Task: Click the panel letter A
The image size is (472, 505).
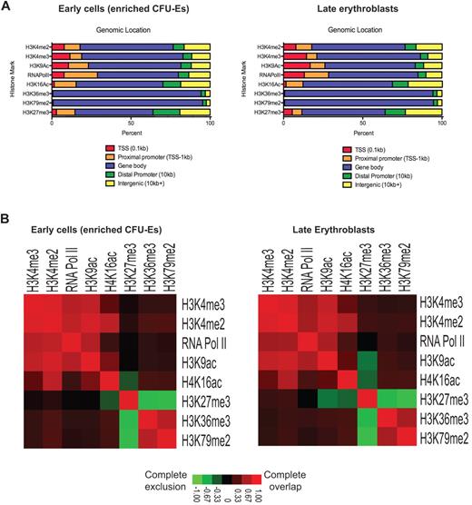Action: point(6,6)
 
